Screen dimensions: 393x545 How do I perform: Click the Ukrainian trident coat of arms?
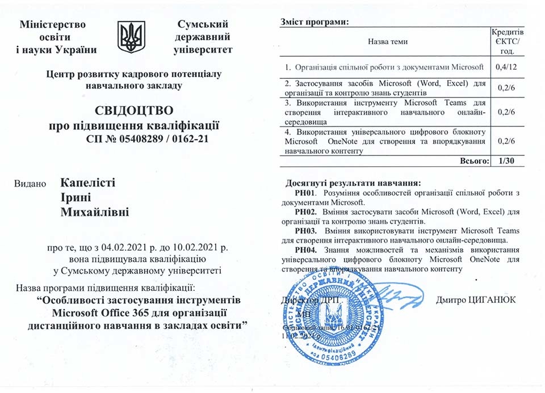pos(131,37)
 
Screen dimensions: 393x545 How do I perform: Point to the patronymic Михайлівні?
pos(95,213)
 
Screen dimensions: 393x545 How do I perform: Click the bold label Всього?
pos(473,162)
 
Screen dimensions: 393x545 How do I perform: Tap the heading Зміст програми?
pos(313,22)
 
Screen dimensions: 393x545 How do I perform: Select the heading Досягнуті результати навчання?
pos(353,184)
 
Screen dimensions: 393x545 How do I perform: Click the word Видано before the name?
pos(30,184)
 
